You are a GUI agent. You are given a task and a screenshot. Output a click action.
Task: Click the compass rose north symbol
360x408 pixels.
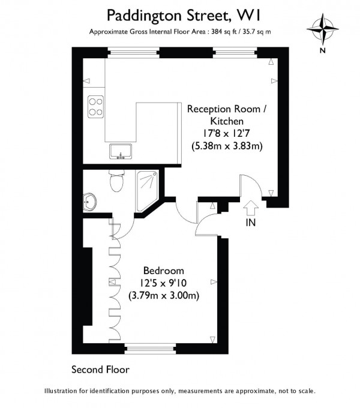[323, 29]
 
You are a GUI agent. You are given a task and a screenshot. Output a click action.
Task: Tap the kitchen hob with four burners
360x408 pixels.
[95, 107]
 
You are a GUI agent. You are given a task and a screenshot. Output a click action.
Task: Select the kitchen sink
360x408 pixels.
[121, 151]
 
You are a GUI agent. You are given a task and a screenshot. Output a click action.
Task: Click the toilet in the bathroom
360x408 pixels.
[116, 181]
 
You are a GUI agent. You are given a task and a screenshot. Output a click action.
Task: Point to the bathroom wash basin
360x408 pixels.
[90, 202]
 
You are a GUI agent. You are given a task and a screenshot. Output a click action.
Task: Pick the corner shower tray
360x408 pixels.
[147, 191]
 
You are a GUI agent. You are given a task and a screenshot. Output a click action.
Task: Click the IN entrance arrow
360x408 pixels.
[251, 208]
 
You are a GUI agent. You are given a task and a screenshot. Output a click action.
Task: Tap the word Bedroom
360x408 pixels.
[164, 271]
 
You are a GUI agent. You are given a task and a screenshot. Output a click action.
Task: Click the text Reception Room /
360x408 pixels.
[227, 109]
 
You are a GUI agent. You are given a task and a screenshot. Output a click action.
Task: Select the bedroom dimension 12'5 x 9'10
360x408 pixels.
[164, 283]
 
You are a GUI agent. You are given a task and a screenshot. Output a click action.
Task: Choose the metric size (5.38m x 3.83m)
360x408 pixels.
[227, 146]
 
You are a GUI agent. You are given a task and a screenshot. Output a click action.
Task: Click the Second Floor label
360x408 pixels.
[100, 370]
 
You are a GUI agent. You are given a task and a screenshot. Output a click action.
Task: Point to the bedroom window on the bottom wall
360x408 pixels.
[150, 349]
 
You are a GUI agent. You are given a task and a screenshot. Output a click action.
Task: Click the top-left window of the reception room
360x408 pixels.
[133, 53]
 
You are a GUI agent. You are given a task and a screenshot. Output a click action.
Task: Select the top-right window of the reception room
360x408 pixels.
[235, 53]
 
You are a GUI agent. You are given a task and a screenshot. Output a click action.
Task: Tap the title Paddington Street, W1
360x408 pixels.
[184, 16]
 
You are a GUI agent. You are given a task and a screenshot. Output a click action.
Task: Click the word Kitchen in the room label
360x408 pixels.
[227, 121]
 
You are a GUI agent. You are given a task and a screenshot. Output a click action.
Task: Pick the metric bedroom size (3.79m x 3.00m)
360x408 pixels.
[164, 296]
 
